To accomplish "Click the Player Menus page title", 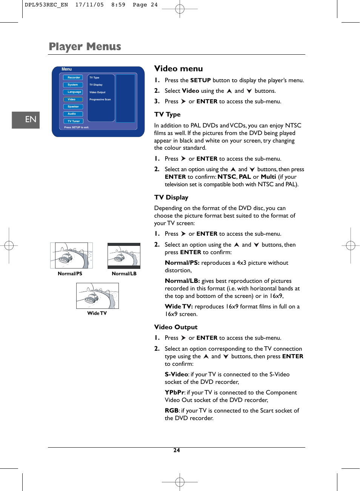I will [x=85, y=47].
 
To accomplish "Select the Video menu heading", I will [x=178, y=69].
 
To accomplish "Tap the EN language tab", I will [x=26, y=120].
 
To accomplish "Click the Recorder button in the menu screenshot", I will [x=73, y=77].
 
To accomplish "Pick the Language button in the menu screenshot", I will [x=73, y=92].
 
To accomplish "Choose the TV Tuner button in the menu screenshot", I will [x=73, y=121].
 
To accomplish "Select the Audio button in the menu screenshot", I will [x=73, y=114].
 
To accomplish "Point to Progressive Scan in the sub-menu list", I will [x=100, y=100].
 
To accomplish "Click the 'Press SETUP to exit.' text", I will [x=77, y=127].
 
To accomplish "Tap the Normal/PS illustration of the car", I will [x=71, y=255].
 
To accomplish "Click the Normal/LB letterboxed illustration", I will [x=124, y=256].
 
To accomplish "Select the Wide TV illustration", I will [x=97, y=296].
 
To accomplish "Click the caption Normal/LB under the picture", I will [x=124, y=274].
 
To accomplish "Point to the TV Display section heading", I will [x=171, y=198].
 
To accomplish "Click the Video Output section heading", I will [x=176, y=327].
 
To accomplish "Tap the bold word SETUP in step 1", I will [x=200, y=80].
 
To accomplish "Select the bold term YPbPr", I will [x=174, y=393].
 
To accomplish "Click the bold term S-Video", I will [x=176, y=374].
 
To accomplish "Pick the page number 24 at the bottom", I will [x=177, y=450].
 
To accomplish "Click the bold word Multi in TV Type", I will [x=268, y=177].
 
